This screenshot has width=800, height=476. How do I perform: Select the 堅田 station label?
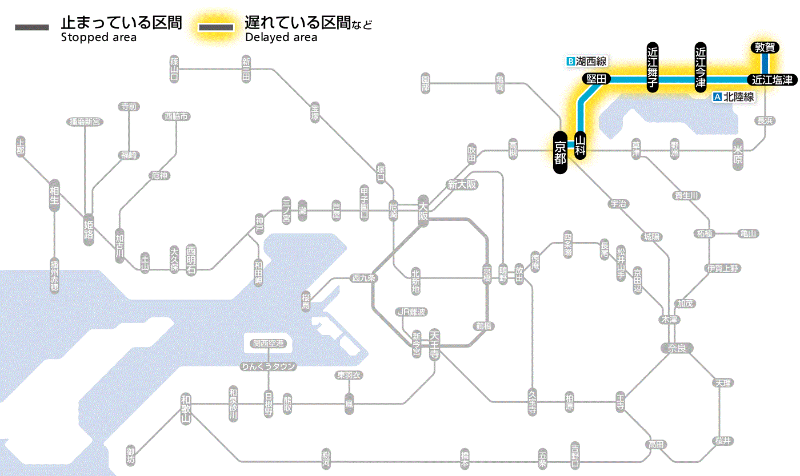point(595,79)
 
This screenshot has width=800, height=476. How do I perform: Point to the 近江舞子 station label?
point(653,67)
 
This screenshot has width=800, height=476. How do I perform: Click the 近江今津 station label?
point(701,67)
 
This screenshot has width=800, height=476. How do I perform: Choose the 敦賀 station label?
point(765,48)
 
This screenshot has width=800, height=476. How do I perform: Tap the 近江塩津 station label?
point(772,80)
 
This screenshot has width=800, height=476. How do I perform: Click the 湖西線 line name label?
point(587,61)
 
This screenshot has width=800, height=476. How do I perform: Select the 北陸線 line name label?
point(734,97)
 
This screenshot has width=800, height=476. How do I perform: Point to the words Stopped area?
point(98,38)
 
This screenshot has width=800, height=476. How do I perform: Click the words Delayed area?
point(281,38)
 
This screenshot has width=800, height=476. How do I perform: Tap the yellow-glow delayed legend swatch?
point(216,27)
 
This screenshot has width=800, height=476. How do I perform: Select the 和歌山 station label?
point(186,408)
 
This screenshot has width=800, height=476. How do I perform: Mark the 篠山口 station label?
point(174,68)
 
